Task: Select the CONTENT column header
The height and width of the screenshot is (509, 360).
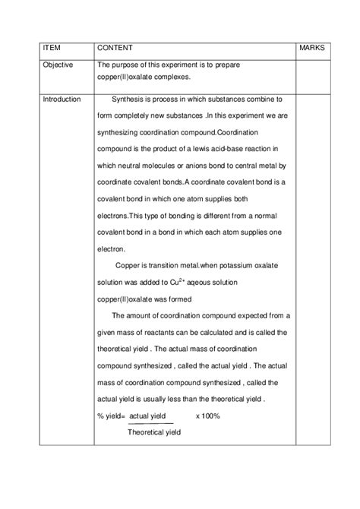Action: point(115,48)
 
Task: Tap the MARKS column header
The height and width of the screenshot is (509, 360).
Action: point(312,48)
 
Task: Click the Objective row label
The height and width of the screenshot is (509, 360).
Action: point(58,65)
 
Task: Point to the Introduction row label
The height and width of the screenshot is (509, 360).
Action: point(62,100)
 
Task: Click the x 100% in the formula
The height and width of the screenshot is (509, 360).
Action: point(207,416)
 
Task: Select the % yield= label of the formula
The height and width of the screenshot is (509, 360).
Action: point(111,416)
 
